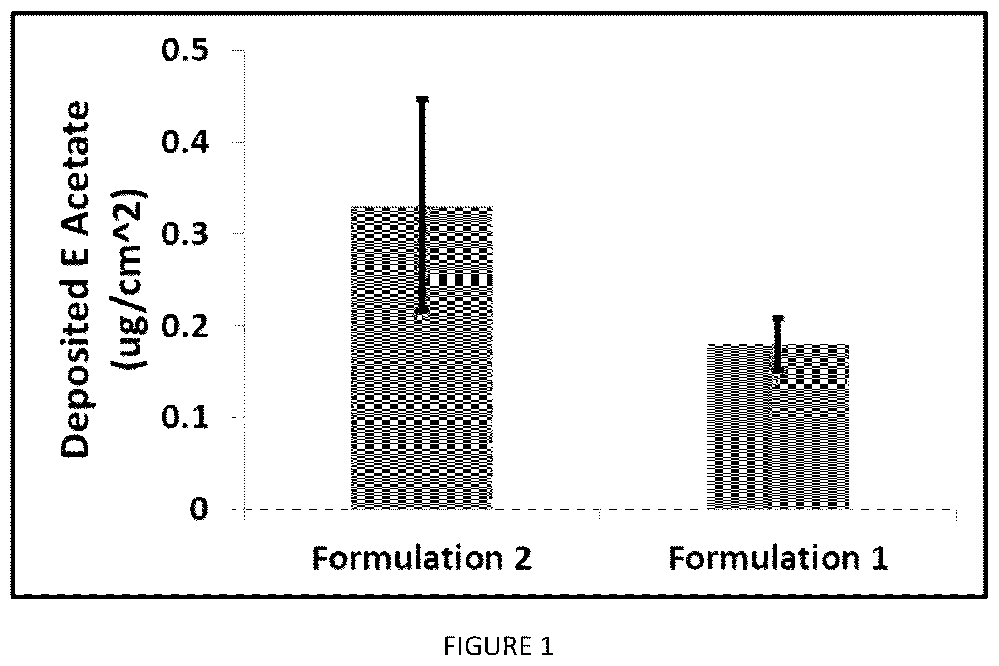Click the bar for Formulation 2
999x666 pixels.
[421, 358]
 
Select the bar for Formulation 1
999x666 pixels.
[778, 427]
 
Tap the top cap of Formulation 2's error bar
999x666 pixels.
[422, 99]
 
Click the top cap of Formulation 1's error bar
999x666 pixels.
[778, 319]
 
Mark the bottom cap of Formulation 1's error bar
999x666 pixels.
[778, 369]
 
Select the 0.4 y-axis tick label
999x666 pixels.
[186, 142]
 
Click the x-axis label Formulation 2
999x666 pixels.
[422, 558]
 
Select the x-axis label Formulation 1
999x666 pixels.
[778, 558]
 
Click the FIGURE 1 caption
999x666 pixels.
[499, 646]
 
